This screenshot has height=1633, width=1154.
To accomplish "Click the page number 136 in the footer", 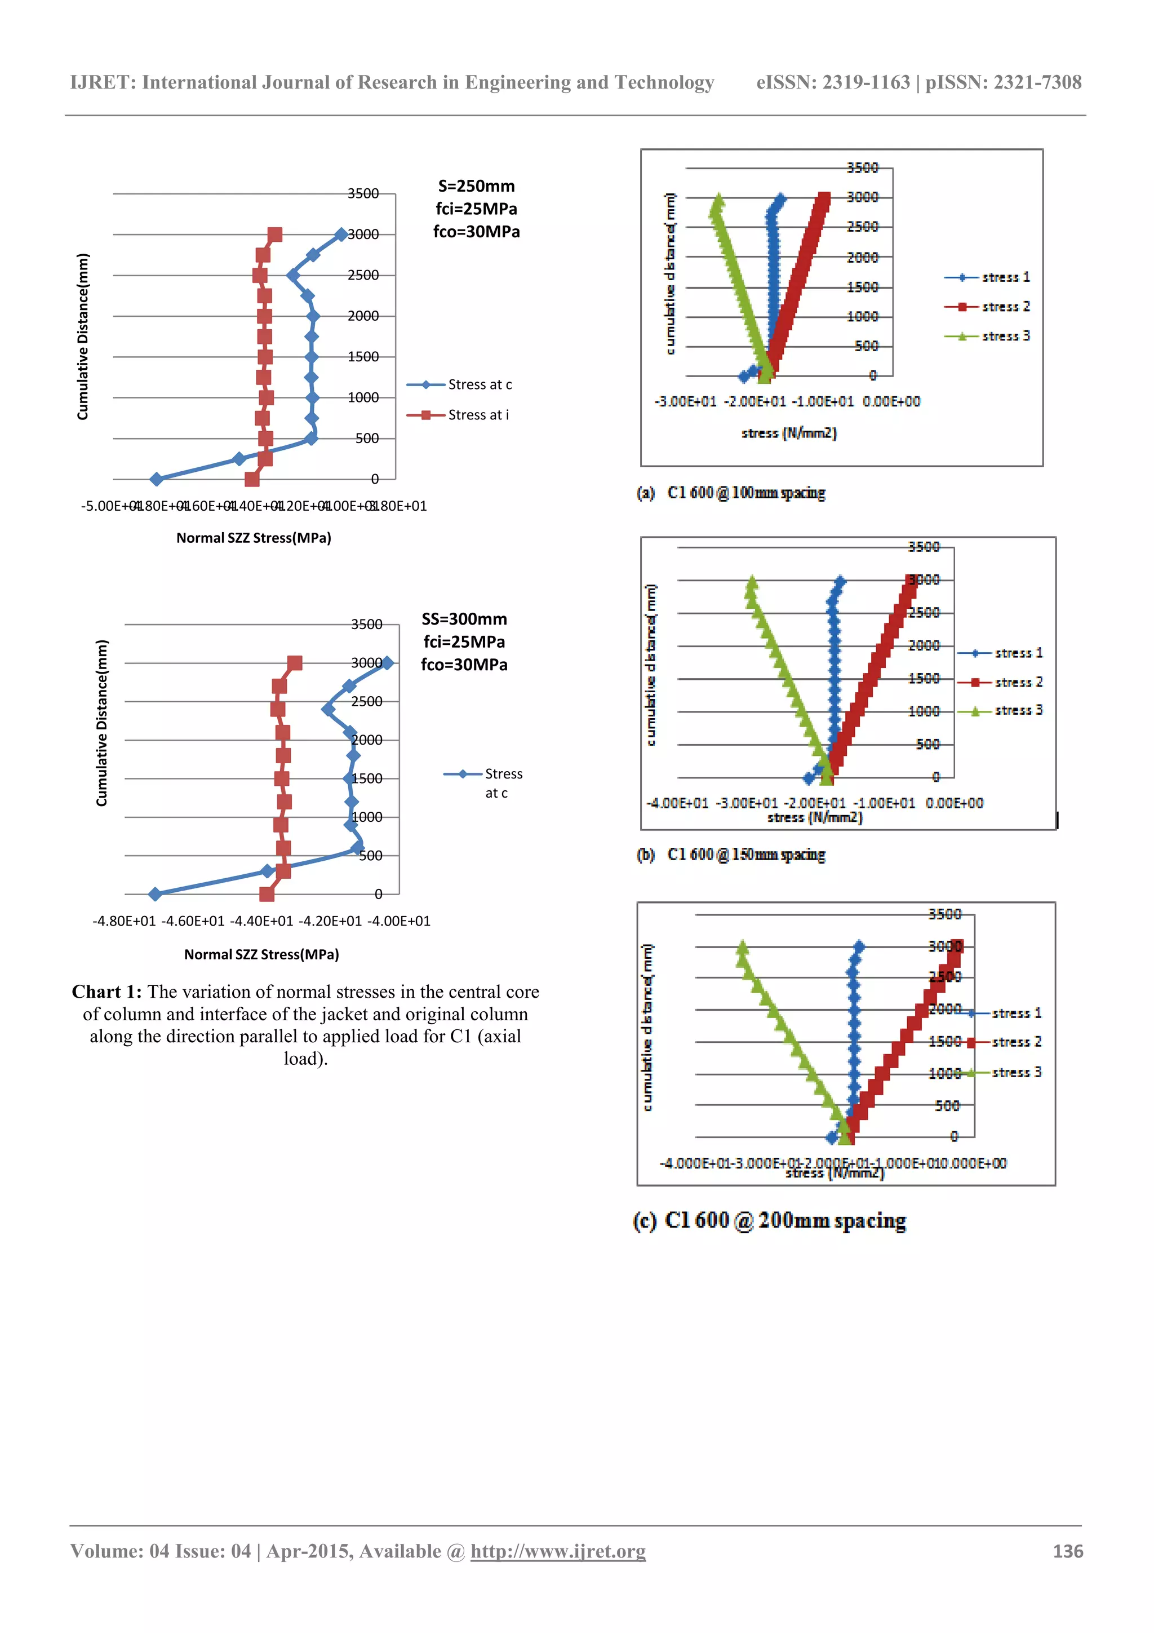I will click(x=1067, y=1551).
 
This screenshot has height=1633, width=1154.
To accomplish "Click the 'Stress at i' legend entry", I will click(x=478, y=415).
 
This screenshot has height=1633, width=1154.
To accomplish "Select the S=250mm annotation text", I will click(x=476, y=187).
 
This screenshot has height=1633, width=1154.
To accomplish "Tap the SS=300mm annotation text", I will click(x=464, y=619).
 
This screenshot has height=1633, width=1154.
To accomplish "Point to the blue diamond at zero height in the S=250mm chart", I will click(x=157, y=479).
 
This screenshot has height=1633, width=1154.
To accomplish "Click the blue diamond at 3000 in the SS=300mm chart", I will click(x=387, y=663).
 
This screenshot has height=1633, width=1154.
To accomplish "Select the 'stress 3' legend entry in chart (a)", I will click(x=1005, y=337).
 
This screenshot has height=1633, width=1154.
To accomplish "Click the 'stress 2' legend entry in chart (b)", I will click(x=1018, y=682).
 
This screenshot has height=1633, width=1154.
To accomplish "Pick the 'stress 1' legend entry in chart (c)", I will click(x=1016, y=1013).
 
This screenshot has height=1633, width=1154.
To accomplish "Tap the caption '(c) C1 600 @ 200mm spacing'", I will click(x=769, y=1220).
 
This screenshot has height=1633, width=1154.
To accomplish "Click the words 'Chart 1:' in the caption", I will click(x=106, y=992).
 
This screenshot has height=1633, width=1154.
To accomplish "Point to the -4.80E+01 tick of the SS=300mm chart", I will click(x=124, y=921).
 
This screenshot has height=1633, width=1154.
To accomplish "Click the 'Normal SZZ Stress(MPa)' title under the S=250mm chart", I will click(x=254, y=538).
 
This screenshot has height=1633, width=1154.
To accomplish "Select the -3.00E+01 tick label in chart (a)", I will click(x=685, y=402).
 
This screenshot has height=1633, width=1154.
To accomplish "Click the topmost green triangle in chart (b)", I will click(x=752, y=582).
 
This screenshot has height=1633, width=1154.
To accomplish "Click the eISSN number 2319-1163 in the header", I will click(x=866, y=82).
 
